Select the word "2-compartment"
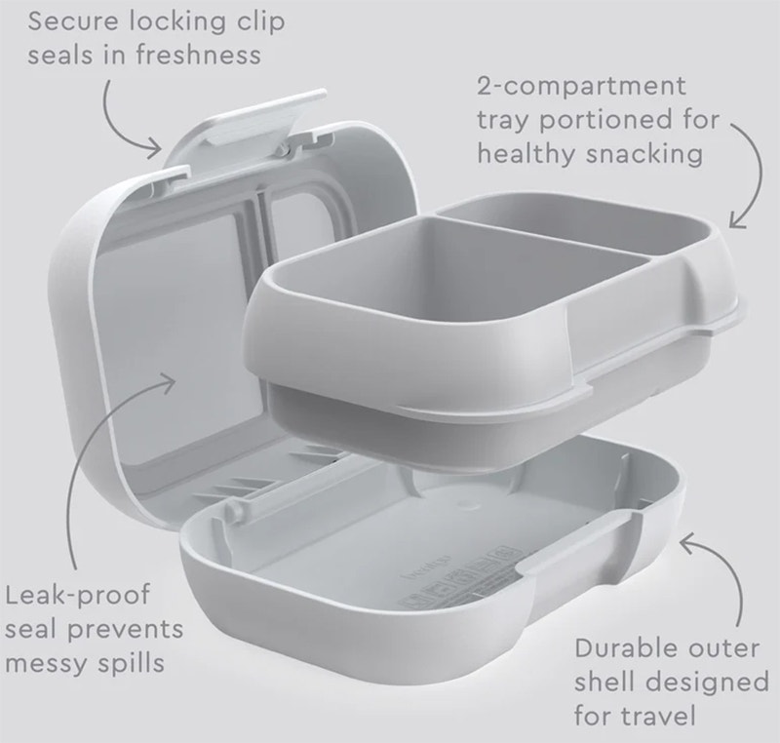point(581,86)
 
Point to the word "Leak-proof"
point(77,594)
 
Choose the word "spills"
point(132,663)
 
